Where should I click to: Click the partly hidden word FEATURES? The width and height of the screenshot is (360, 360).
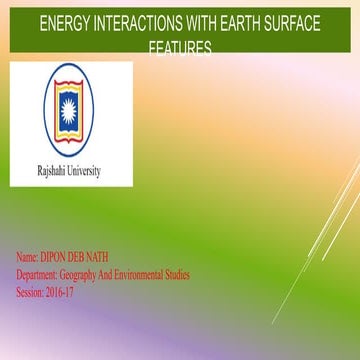point(179,47)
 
